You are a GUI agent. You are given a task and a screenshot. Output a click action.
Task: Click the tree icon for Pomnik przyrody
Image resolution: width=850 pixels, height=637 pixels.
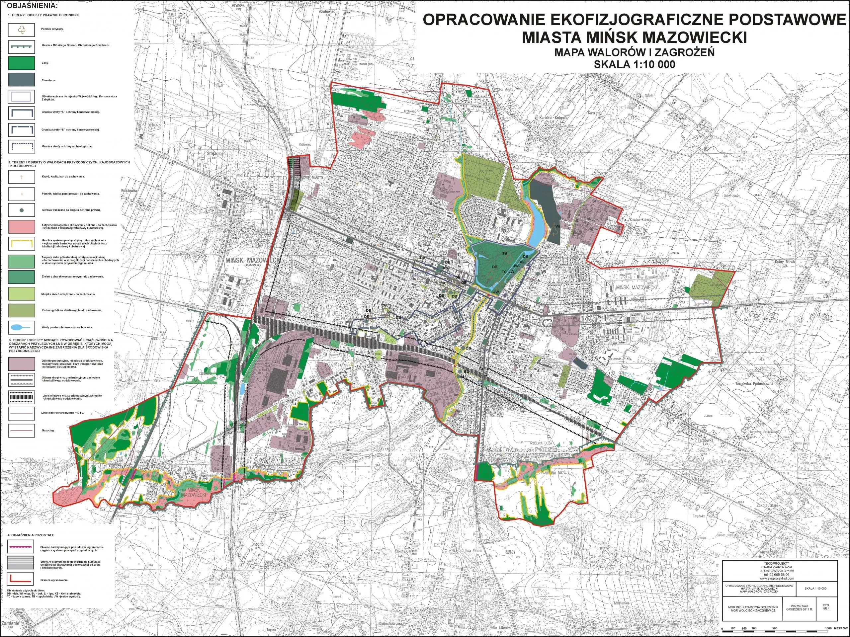22,30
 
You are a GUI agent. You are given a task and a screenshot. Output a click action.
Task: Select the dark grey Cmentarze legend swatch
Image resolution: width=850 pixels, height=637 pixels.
22,80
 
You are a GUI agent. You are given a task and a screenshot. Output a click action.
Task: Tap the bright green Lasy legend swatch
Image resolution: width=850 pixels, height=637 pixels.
22,63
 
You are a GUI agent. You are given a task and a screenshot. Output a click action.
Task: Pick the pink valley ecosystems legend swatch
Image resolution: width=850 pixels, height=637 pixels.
22,226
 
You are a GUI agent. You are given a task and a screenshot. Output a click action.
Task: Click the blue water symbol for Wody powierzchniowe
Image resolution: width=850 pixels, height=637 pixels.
22,327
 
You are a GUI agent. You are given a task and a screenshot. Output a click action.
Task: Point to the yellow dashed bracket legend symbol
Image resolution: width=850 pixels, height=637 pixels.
22,244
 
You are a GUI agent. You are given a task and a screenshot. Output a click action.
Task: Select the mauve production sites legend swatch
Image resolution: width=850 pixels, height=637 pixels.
22,363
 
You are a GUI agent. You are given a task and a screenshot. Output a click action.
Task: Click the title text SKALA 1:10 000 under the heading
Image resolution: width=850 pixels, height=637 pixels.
634,64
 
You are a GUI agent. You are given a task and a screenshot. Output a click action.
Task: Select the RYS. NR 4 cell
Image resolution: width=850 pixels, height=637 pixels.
826,607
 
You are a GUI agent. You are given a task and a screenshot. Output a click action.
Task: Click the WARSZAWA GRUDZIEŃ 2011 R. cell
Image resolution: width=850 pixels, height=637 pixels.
799,607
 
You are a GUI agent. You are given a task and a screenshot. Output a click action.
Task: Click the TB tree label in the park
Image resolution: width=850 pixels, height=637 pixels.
505,254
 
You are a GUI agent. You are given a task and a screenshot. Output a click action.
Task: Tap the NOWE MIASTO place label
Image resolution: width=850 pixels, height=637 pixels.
312,178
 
